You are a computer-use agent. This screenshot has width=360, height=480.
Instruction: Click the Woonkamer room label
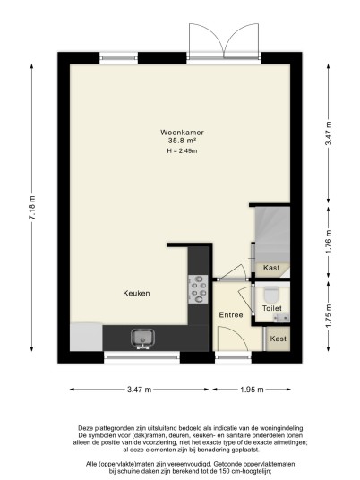pyautogui.click(x=182, y=133)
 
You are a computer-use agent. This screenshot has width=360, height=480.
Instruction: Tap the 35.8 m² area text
pyautogui.click(x=182, y=141)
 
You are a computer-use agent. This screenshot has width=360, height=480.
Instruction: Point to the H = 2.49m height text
pyautogui.click(x=182, y=150)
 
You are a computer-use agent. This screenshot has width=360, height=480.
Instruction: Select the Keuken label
pyautogui.click(x=136, y=293)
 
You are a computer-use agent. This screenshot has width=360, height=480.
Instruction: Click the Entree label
pyautogui.click(x=231, y=315)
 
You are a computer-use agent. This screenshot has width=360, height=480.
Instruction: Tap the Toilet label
pyautogui.click(x=272, y=308)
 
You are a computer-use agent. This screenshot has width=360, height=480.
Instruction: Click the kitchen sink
pyautogui.click(x=142, y=339)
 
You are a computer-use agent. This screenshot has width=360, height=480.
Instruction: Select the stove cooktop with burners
pyautogui.click(x=198, y=289)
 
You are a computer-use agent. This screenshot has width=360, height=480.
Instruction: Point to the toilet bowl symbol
pyautogui.click(x=271, y=295)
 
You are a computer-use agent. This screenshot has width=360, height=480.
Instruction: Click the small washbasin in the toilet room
pyautogui.click(x=281, y=318)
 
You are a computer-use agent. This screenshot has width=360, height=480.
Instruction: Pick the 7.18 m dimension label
pyautogui.click(x=32, y=207)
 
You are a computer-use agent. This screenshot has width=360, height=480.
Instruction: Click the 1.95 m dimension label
pyautogui.click(x=252, y=390)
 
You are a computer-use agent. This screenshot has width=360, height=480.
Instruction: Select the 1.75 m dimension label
pyautogui.click(x=329, y=316)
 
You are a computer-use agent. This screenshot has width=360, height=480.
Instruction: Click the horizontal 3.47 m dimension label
pyautogui.click(x=140, y=390)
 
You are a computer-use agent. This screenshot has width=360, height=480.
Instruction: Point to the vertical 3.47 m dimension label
pyautogui.click(x=329, y=133)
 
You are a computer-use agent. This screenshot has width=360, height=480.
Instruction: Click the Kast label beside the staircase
pyautogui.click(x=271, y=268)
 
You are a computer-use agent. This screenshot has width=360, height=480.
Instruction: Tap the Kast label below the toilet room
pyautogui.click(x=279, y=339)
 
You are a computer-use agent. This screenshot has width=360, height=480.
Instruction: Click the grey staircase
pyautogui.click(x=272, y=235)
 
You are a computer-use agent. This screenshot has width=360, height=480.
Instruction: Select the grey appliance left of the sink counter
pyautogui.click(x=86, y=337)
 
